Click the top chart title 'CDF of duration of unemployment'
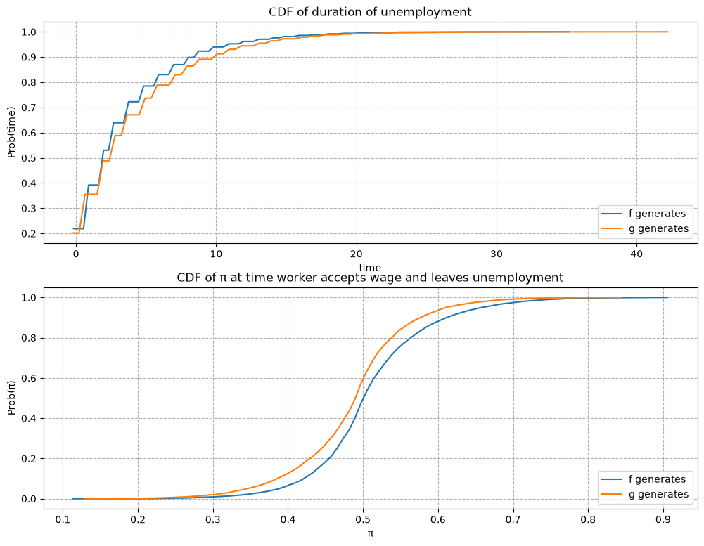click(370, 12)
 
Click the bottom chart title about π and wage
click(370, 278)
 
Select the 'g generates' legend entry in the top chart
click(644, 229)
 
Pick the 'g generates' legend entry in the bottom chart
click(644, 495)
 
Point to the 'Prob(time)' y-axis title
click(12, 132)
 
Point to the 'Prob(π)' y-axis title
click(12, 398)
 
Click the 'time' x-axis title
click(370, 268)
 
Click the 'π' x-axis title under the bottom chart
click(371, 534)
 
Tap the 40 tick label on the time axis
click(636, 254)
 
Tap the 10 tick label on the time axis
click(216, 254)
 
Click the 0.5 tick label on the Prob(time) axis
click(29, 158)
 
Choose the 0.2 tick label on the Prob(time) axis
click(29, 234)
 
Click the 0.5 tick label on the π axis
click(363, 520)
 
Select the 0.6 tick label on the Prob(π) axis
click(29, 379)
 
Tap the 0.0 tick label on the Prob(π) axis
click(29, 500)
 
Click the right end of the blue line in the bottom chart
click(667, 297)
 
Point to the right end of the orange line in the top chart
click(667, 32)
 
